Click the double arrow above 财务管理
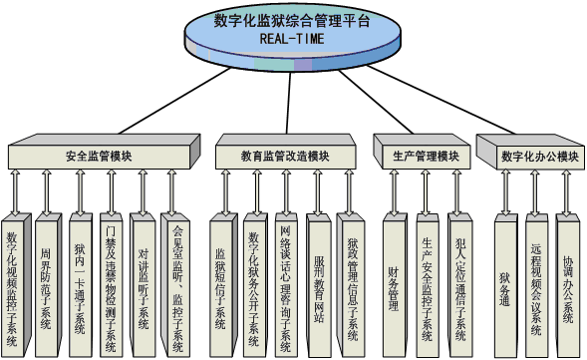[x=395, y=189]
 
